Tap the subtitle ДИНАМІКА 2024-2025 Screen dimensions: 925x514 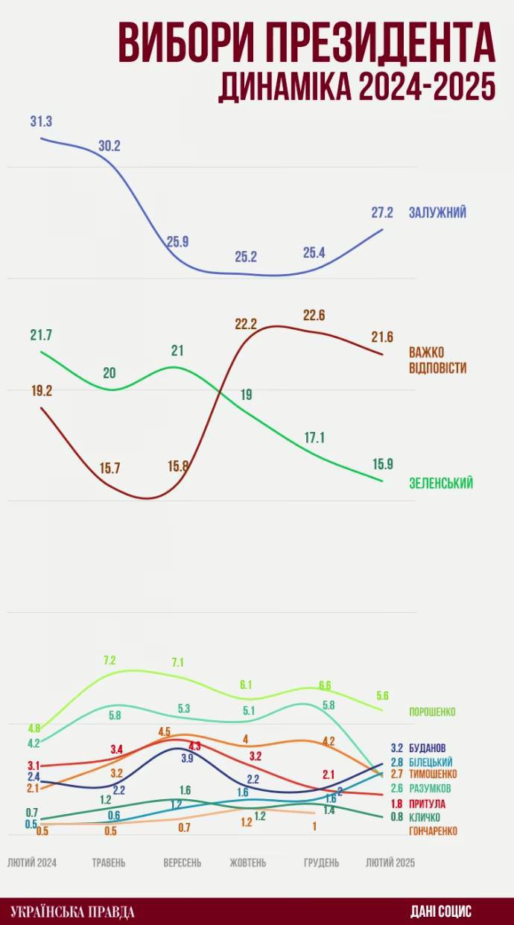[x=357, y=87]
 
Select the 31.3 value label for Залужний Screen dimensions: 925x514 [x=41, y=122]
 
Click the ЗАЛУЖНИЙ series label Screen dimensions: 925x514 [x=437, y=212]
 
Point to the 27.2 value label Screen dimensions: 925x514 [x=382, y=212]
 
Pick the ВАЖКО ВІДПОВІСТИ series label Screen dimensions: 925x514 [x=437, y=360]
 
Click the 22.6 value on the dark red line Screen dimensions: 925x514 [x=314, y=315]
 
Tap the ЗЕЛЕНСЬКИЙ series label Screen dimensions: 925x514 [x=441, y=483]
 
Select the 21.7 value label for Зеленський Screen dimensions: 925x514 [x=41, y=335]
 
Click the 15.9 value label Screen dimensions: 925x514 [x=383, y=464]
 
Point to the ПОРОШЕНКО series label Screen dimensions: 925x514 [x=432, y=712]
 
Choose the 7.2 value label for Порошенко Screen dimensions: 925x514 [x=110, y=661]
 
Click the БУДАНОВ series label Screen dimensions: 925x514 [x=428, y=748]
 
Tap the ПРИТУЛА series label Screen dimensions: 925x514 [x=428, y=804]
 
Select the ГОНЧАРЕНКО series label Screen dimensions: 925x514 [x=433, y=830]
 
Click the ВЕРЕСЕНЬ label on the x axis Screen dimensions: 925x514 [x=183, y=862]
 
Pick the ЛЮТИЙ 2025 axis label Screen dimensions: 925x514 [x=390, y=862]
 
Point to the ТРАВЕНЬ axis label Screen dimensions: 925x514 [x=109, y=862]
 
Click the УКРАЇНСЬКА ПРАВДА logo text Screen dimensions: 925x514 [x=73, y=912]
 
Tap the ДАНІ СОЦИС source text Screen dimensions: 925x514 [x=441, y=912]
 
